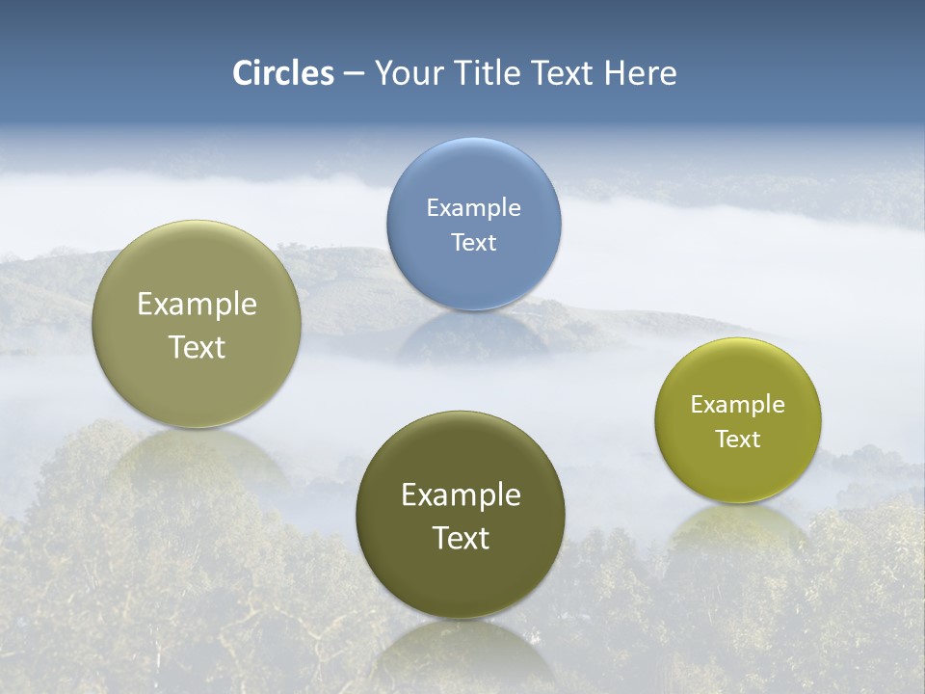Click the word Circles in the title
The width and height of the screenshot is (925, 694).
[283, 73]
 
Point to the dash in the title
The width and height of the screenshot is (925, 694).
[354, 74]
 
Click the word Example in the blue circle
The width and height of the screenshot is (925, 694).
[473, 207]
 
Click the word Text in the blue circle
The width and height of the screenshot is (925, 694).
[473, 242]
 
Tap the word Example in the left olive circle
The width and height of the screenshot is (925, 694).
[197, 305]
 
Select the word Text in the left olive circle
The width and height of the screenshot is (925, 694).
[197, 347]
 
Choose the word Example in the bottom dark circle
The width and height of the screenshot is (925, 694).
[461, 495]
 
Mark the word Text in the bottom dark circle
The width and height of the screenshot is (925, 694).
[461, 538]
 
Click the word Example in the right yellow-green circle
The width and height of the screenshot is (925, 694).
[738, 404]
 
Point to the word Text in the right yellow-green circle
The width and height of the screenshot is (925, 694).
[738, 439]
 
